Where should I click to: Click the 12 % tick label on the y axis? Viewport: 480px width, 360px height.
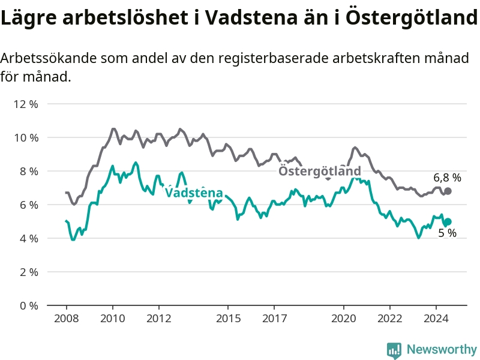coord(26,104)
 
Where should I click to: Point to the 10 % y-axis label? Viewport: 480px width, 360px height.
coord(26,138)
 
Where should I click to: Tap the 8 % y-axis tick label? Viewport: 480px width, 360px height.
coord(29,171)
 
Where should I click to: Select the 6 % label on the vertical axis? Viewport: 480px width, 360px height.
coord(29,205)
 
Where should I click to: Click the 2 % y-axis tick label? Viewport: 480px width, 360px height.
coord(29,272)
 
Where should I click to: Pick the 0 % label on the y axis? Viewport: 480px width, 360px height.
coord(29,305)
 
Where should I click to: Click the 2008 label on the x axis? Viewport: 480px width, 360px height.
coord(67,319)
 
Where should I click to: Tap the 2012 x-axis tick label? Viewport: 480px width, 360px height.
coord(159,319)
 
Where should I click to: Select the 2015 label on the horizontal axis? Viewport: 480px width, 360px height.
coord(228,319)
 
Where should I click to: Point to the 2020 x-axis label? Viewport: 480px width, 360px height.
coord(344,319)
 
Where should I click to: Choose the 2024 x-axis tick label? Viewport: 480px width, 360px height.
coord(436,319)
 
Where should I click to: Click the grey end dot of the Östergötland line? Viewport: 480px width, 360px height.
coord(448,191)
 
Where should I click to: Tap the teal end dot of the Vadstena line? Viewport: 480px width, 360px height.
coord(448,221)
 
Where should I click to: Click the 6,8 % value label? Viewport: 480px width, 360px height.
coord(447,178)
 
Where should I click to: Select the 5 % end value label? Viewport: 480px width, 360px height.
coord(447,233)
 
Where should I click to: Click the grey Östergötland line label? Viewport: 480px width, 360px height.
coord(320,171)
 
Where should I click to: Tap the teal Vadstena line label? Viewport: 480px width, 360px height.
coord(194,193)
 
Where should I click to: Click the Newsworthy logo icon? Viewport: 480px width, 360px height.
coord(394,350)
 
